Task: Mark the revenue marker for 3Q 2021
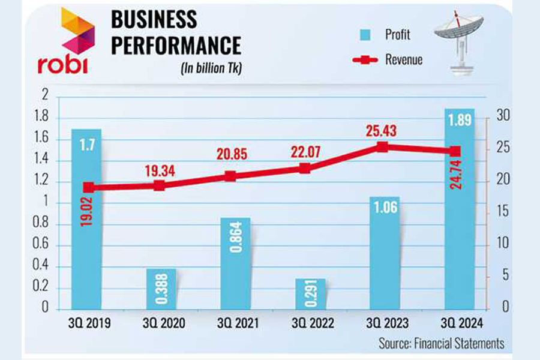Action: coord(230,176)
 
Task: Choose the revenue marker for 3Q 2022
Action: coord(305,169)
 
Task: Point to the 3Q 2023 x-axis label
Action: coord(384,323)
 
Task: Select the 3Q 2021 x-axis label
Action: coord(235,323)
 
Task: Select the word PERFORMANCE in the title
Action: coord(176,46)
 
